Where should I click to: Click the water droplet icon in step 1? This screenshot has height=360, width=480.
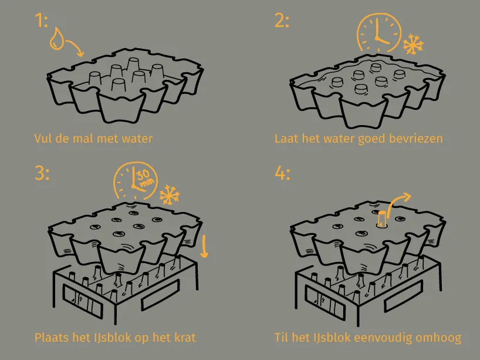[57, 39]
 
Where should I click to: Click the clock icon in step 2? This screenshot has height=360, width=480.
[378, 32]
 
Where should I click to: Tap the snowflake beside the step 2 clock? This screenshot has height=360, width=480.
[413, 45]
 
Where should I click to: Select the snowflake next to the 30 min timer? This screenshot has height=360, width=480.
[169, 194]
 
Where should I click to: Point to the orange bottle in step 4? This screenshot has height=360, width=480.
[382, 218]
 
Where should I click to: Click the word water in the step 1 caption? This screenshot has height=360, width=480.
[137, 139]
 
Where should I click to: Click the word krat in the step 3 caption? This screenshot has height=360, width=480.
[185, 338]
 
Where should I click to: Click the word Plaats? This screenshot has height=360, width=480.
[52, 338]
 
